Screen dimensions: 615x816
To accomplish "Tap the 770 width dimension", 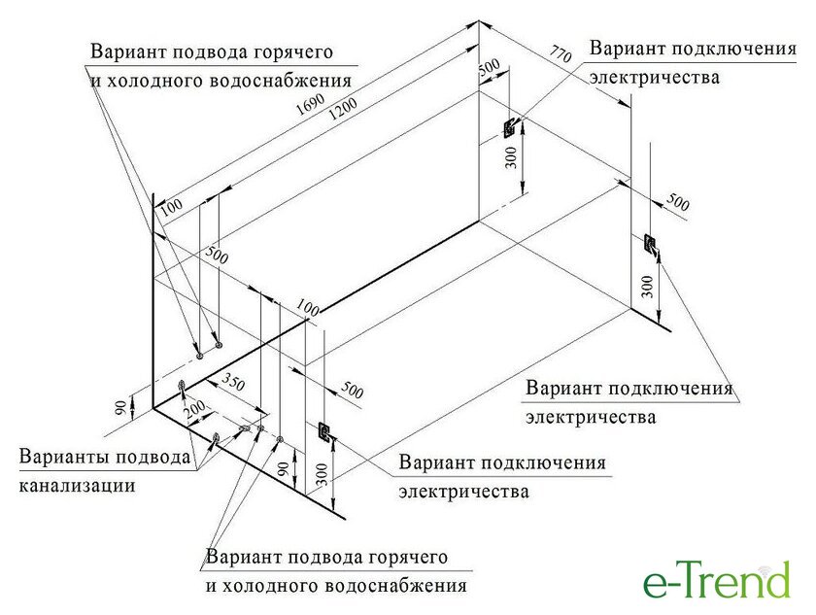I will [561, 56].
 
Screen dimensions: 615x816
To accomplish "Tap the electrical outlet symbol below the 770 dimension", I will [510, 128].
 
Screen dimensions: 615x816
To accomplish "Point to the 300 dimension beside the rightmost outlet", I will [648, 285].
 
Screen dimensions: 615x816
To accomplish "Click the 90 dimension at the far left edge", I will [119, 408].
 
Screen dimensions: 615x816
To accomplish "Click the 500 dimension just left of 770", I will [489, 70].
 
